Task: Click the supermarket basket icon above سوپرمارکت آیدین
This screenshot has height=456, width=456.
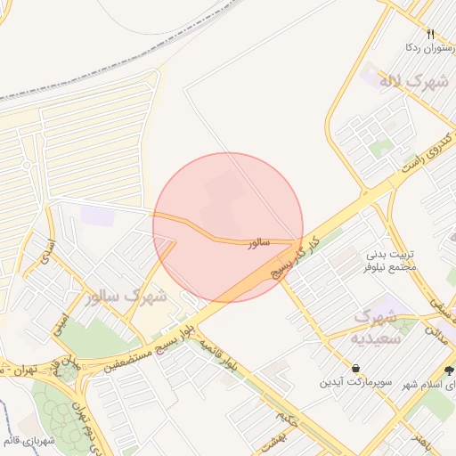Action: (356, 368)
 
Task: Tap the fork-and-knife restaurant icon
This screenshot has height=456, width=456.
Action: (430, 33)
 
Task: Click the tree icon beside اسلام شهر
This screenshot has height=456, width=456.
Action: (448, 370)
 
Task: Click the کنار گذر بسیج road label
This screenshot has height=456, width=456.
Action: (293, 259)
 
